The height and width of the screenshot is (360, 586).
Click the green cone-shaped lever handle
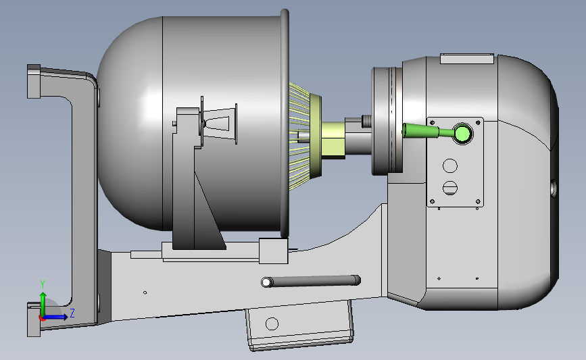pos(420,131)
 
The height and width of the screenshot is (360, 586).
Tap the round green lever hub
pos(463,133)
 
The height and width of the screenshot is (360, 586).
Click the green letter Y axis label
pos(43,284)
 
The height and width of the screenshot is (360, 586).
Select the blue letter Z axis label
pos(72,313)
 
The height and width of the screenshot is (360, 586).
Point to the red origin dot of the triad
pos(43,318)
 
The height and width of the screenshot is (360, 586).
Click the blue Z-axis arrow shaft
pos(55,317)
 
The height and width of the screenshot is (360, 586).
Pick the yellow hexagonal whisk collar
pos(333,140)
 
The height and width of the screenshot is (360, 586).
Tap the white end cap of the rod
pos(266,282)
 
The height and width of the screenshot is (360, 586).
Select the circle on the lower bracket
pos(272,324)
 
